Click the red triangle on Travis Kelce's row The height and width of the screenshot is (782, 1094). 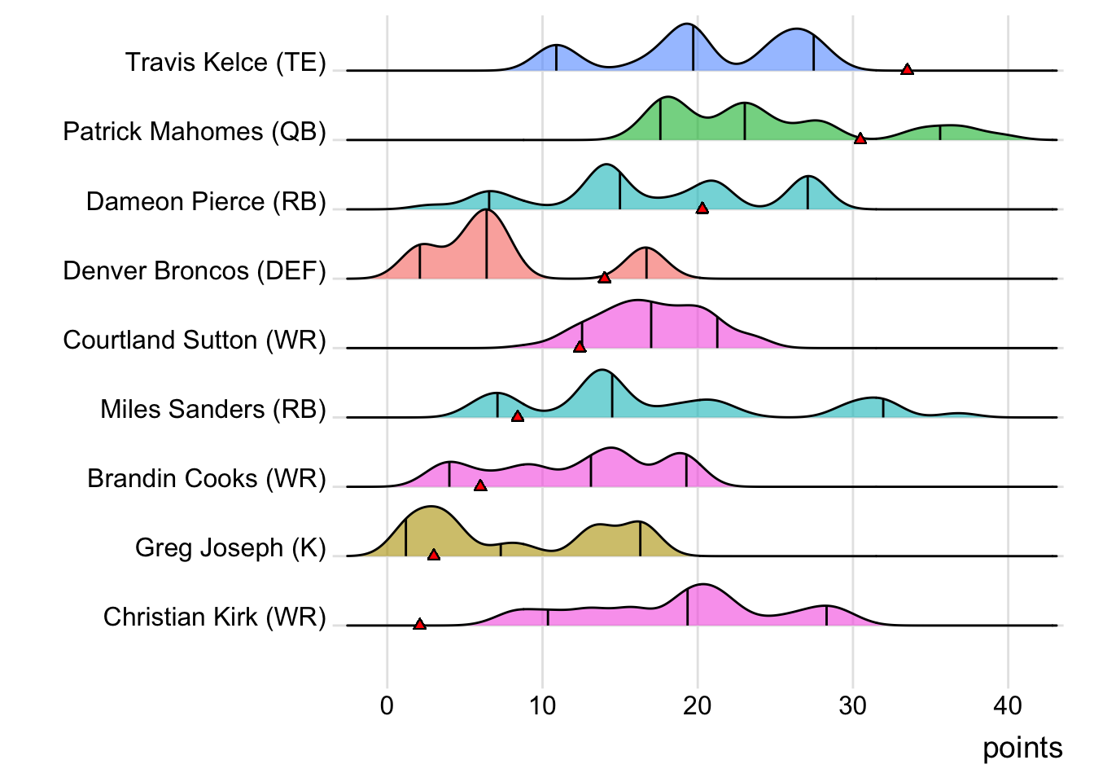click(x=907, y=70)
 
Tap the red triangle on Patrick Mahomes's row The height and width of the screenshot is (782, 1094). click(x=860, y=139)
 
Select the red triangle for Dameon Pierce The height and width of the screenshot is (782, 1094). click(x=702, y=209)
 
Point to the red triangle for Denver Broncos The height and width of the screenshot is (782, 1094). click(x=604, y=278)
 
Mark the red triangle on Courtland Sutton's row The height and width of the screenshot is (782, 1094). click(x=580, y=347)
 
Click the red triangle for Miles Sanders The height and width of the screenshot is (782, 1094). click(x=517, y=416)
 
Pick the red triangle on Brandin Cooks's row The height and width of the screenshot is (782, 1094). click(x=480, y=485)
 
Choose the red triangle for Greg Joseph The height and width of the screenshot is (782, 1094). click(x=434, y=555)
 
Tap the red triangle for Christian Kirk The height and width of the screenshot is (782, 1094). click(x=419, y=624)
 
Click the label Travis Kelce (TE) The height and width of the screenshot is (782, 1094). click(x=225, y=63)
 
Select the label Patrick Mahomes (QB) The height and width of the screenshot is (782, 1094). click(x=195, y=132)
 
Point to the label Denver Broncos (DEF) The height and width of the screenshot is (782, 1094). click(x=195, y=270)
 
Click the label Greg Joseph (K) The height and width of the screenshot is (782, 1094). click(x=230, y=547)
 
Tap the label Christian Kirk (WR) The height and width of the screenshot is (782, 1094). click(x=214, y=617)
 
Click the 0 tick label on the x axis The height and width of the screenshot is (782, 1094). click(x=387, y=705)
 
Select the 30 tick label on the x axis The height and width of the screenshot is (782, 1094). click(x=852, y=705)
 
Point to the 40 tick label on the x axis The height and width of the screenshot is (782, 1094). click(x=1008, y=705)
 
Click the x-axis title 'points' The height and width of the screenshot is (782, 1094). click(x=1022, y=748)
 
